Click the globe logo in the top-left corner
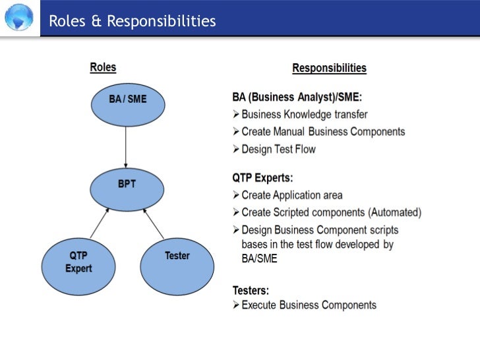tap(18, 18)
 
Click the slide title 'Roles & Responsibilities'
tap(132, 21)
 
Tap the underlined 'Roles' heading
tap(102, 67)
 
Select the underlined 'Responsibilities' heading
tap(329, 68)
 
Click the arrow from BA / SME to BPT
tap(126, 146)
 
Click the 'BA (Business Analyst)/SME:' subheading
tap(297, 98)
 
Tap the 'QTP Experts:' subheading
tap(263, 178)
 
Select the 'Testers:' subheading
tap(251, 289)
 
